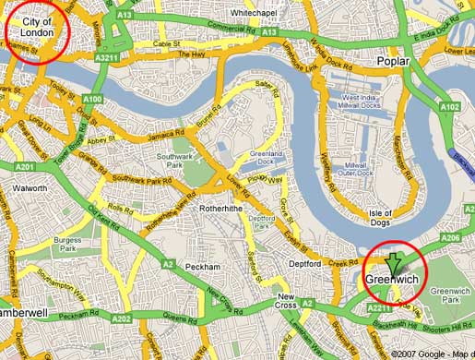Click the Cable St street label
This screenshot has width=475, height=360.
167,43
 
